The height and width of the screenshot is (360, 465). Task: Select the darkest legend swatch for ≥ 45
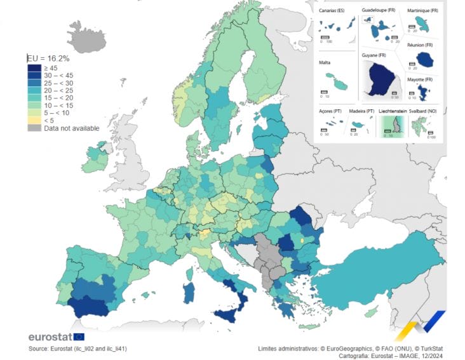click(x=34, y=68)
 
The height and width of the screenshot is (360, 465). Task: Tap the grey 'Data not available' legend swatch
click(x=34, y=128)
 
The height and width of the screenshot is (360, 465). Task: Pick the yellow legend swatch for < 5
click(x=34, y=120)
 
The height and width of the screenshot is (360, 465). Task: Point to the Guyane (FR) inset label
click(x=375, y=56)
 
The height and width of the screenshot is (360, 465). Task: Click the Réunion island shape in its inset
click(x=424, y=59)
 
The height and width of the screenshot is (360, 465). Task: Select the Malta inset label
click(x=325, y=63)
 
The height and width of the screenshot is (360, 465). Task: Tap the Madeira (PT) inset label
click(x=360, y=110)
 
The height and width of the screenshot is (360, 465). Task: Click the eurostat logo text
click(x=50, y=337)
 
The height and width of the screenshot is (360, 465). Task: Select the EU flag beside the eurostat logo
click(x=78, y=337)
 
